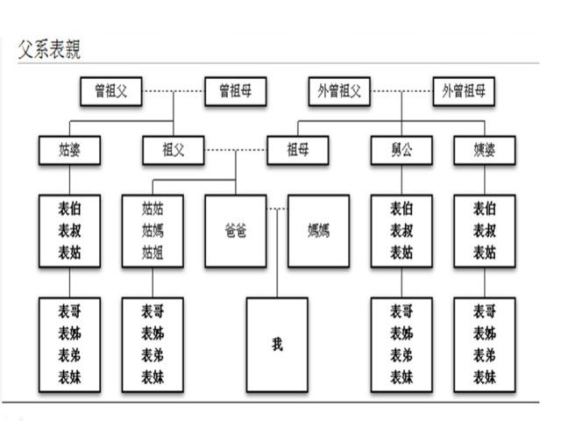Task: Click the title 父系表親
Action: pos(50,50)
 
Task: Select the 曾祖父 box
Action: pos(111,90)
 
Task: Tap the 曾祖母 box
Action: pos(236,90)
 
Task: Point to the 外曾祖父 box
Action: pos(339,90)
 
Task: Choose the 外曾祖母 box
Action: pos(464,90)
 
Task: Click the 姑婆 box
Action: pos(68,149)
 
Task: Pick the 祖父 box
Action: pos(174,149)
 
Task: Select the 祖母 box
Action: pos(298,149)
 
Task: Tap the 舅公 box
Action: pos(401,149)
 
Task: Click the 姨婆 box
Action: pos(485,149)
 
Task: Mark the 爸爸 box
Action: pos(236,232)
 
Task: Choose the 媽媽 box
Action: pos(318,232)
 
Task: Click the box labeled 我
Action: pos(277,344)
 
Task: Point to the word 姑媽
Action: pos(153,232)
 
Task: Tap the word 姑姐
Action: pos(153,253)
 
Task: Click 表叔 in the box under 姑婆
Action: pos(69,232)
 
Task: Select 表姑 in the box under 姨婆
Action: pos(485,253)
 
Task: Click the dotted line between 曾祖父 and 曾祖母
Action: pos(174,90)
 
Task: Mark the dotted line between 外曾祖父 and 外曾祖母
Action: pos(401,90)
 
